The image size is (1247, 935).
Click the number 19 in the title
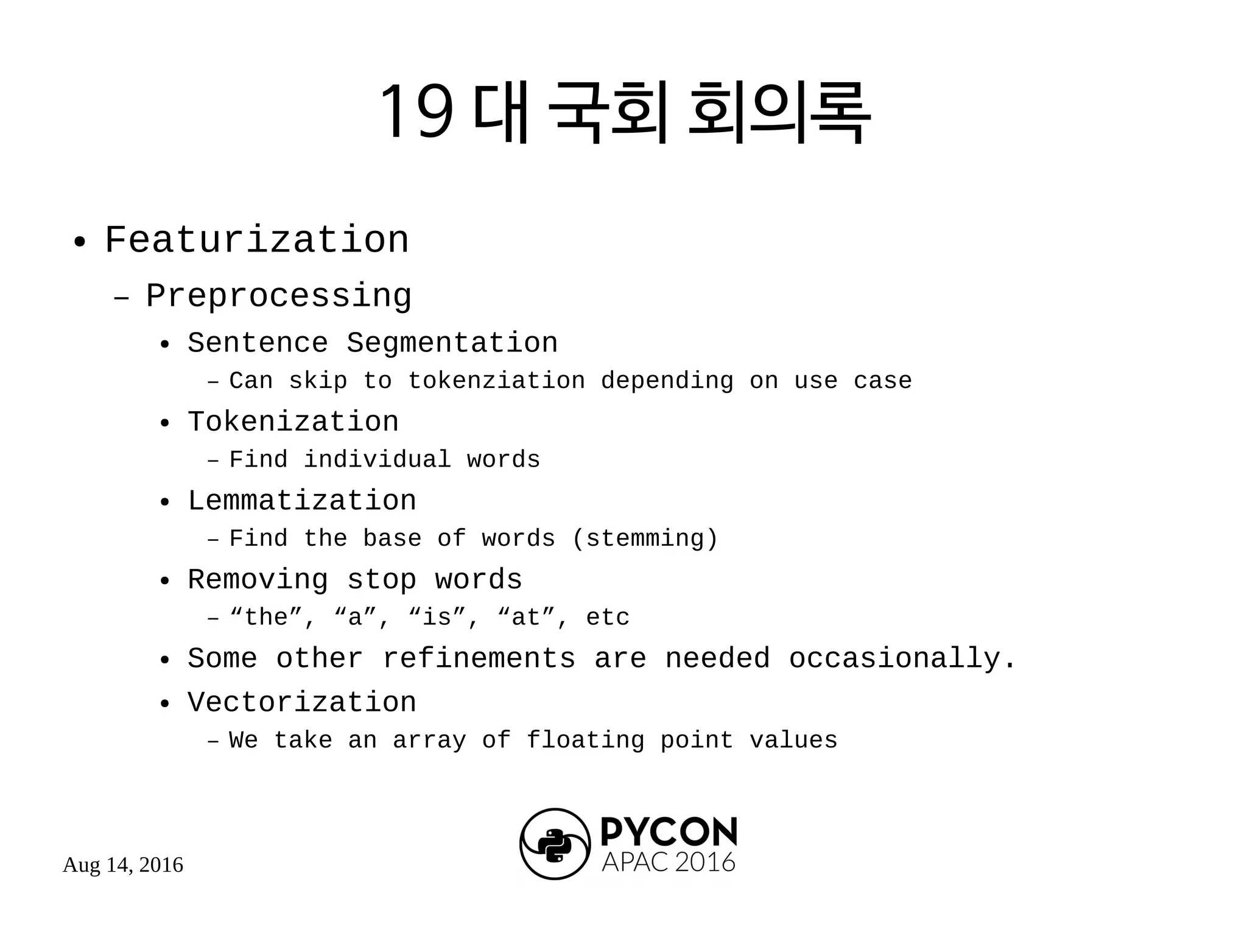[416, 111]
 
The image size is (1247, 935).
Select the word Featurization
[256, 240]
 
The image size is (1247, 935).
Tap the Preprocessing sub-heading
[278, 297]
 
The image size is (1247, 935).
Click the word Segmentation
[452, 343]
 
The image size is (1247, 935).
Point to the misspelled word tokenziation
[496, 381]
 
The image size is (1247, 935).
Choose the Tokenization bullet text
[293, 422]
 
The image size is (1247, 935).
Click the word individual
[377, 460]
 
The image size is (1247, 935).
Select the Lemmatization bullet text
[301, 501]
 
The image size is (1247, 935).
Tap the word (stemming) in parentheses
[645, 539]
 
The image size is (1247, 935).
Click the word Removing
[258, 580]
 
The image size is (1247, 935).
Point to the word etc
[607, 618]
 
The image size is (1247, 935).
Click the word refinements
[479, 659]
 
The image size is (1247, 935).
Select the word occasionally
[902, 659]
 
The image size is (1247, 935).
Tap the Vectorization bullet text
[301, 703]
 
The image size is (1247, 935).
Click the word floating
[585, 741]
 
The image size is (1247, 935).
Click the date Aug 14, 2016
[123, 865]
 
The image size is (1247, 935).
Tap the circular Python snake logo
[555, 844]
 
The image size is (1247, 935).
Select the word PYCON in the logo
[669, 832]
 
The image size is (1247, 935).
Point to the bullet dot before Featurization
[79, 242]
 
